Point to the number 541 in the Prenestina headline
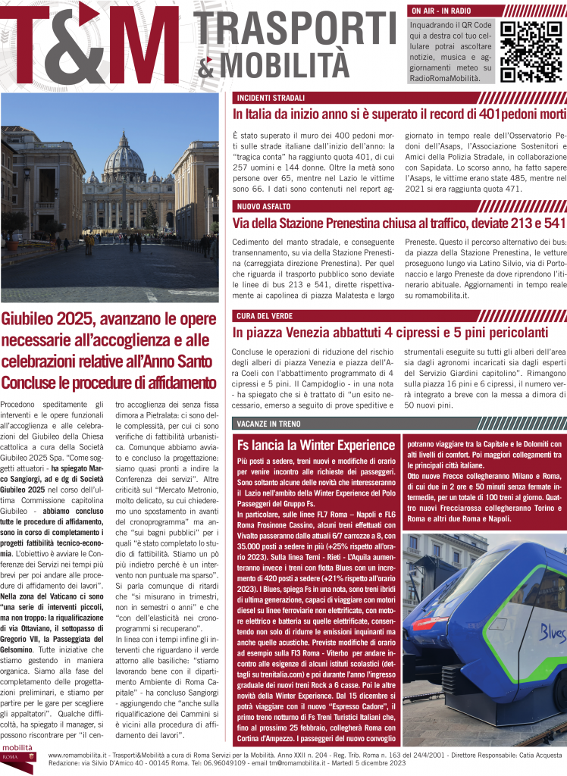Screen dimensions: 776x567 tap(551, 223)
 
